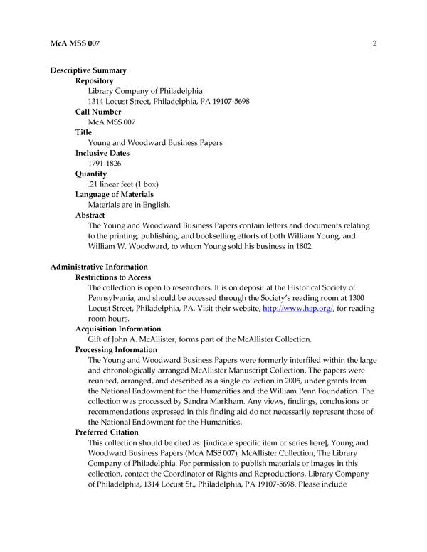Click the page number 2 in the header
click(x=374, y=43)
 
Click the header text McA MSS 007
click(x=75, y=43)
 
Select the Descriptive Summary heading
click(x=89, y=70)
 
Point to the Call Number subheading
click(x=98, y=112)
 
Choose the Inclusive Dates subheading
click(x=104, y=153)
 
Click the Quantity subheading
click(x=91, y=174)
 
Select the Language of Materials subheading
click(x=115, y=194)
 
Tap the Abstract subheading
click(x=90, y=215)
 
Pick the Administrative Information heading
click(x=99, y=267)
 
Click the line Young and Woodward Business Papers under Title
click(x=155, y=143)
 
